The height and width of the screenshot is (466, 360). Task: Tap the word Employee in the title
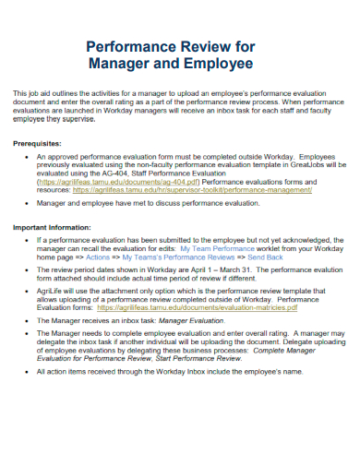point(216,64)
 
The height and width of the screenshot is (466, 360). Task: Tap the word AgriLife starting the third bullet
point(53,292)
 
